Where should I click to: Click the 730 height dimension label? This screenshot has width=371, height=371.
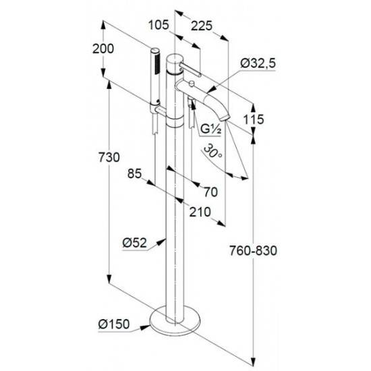[x=109, y=157]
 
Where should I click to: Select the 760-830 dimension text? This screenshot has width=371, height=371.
[x=253, y=250]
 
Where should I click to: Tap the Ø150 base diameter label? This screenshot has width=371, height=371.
[x=114, y=324]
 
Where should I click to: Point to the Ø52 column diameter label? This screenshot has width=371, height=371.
[x=135, y=243]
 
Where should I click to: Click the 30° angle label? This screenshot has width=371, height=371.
[x=212, y=151]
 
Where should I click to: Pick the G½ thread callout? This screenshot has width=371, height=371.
[x=211, y=129]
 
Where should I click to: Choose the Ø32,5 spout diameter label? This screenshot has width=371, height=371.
[x=258, y=63]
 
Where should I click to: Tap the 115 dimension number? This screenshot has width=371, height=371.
[x=254, y=119]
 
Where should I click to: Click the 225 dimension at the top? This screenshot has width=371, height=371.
[x=202, y=26]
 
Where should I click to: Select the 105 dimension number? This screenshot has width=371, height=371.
[x=159, y=25]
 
